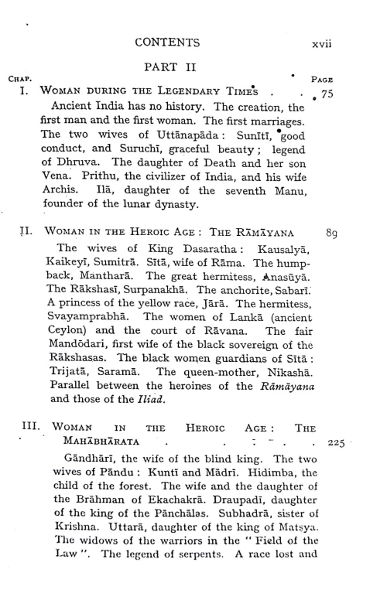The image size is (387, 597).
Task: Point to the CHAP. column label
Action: click(x=18, y=78)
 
